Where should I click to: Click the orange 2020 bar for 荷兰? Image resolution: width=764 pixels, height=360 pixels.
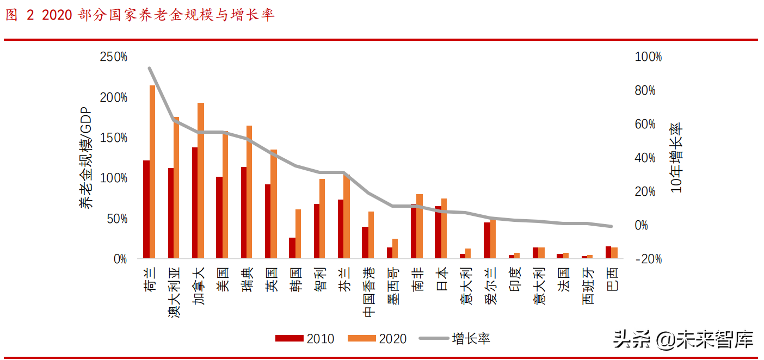click(x=152, y=171)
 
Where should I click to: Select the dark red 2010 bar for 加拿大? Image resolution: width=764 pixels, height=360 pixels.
click(x=195, y=202)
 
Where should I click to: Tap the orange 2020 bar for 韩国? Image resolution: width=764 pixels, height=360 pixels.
click(x=298, y=233)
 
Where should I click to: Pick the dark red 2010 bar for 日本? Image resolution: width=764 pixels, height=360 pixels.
click(x=438, y=232)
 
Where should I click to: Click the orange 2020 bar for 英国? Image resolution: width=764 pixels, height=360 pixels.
click(x=274, y=203)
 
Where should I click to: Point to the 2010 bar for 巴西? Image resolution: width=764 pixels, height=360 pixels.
click(x=608, y=252)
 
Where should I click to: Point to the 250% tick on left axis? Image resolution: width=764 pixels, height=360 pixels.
click(x=113, y=57)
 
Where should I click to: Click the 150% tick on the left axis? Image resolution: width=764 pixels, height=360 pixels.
click(x=113, y=138)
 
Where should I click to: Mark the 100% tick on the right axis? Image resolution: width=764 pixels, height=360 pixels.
click(x=648, y=57)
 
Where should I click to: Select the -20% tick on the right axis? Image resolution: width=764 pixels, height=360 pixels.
click(x=648, y=259)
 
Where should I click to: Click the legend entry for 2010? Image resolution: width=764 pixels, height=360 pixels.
click(x=305, y=338)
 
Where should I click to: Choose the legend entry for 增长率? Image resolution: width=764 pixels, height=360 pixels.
click(x=454, y=338)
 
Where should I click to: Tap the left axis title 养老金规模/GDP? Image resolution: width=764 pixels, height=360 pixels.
click(x=87, y=158)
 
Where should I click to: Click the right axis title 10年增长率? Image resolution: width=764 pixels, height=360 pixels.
click(x=676, y=158)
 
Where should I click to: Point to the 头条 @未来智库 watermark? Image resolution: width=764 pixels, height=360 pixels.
click(x=683, y=339)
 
